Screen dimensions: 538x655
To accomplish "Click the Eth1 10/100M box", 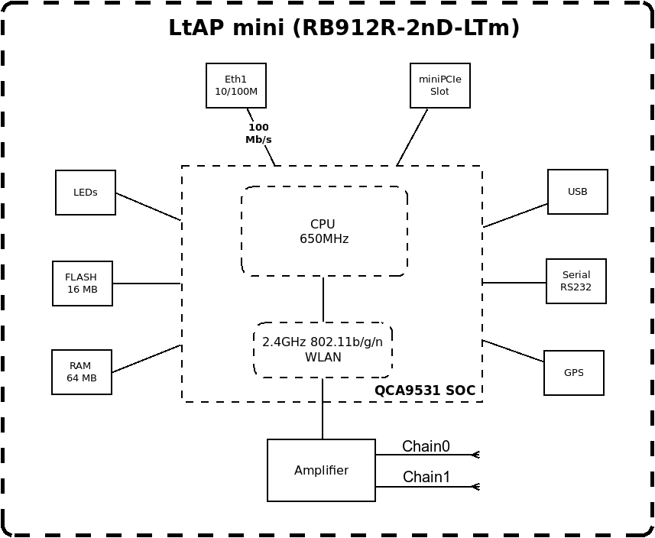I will (x=236, y=86).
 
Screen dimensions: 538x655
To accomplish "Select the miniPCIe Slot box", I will (x=439, y=86).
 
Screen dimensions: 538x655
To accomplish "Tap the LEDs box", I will (x=86, y=193).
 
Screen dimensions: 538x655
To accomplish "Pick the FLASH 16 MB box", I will (x=83, y=284).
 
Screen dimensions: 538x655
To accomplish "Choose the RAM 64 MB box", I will (x=82, y=372).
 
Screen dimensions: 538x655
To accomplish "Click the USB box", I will (x=578, y=192).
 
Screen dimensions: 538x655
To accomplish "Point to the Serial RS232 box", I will (x=576, y=281).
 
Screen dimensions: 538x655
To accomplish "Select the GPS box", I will (x=574, y=373).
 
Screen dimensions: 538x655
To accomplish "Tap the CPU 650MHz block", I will (x=324, y=231).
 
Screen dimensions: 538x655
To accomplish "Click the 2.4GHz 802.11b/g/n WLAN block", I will (x=323, y=350).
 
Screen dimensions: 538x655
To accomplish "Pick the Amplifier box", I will (x=321, y=470).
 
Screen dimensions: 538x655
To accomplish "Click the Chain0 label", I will (x=426, y=446).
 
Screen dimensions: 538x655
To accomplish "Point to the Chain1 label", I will (x=426, y=477).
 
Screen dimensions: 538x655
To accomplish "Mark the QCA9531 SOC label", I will (x=425, y=391).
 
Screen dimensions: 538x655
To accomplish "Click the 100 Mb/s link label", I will (x=258, y=134).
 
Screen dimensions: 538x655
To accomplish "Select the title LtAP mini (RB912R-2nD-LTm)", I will (x=344, y=28).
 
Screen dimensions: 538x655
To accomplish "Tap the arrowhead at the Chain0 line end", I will (x=475, y=455).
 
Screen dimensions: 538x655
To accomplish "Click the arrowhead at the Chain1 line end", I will (x=475, y=487).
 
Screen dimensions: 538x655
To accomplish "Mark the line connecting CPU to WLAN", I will (x=323, y=300).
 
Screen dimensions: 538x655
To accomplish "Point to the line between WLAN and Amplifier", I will (x=323, y=409).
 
